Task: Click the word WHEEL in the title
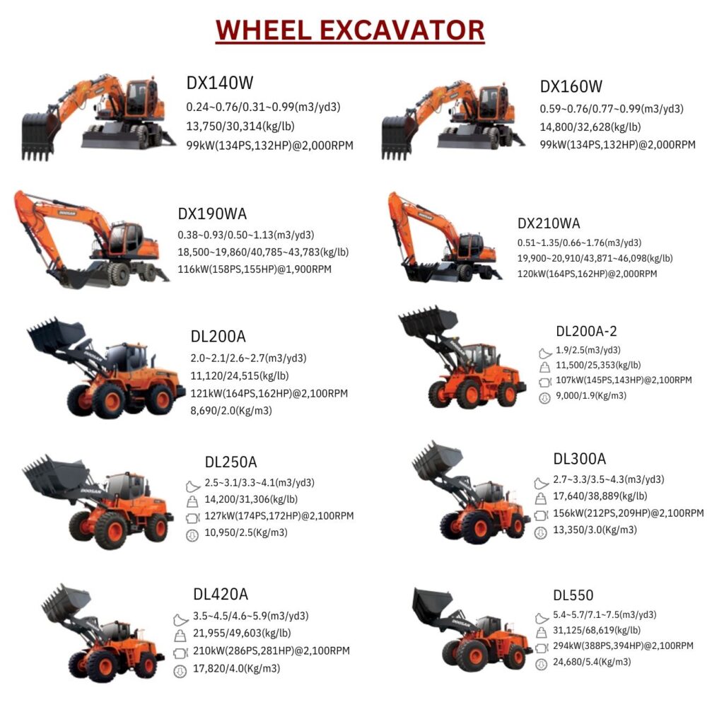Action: pyautogui.click(x=264, y=30)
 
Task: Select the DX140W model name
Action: pyautogui.click(x=220, y=83)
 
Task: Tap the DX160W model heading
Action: pyautogui.click(x=571, y=86)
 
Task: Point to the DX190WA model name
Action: pyautogui.click(x=212, y=214)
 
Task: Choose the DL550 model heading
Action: pyautogui.click(x=573, y=595)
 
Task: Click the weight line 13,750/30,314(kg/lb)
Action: pyautogui.click(x=240, y=126)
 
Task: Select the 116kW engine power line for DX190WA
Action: pyautogui.click(x=255, y=269)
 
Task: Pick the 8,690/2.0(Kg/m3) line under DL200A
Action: pyautogui.click(x=231, y=411)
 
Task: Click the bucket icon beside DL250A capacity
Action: pyautogui.click(x=192, y=486)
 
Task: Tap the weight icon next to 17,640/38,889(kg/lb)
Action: pyautogui.click(x=541, y=498)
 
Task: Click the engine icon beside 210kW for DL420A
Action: pyautogui.click(x=180, y=653)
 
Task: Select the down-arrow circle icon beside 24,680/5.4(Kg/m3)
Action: pyautogui.click(x=541, y=665)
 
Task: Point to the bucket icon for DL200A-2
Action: pyautogui.click(x=545, y=354)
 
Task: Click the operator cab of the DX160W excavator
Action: pyautogui.click(x=494, y=103)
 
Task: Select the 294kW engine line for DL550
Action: pyautogui.click(x=623, y=646)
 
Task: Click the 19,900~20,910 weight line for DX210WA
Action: pyautogui.click(x=595, y=258)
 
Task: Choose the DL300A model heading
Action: pyautogui.click(x=580, y=458)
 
